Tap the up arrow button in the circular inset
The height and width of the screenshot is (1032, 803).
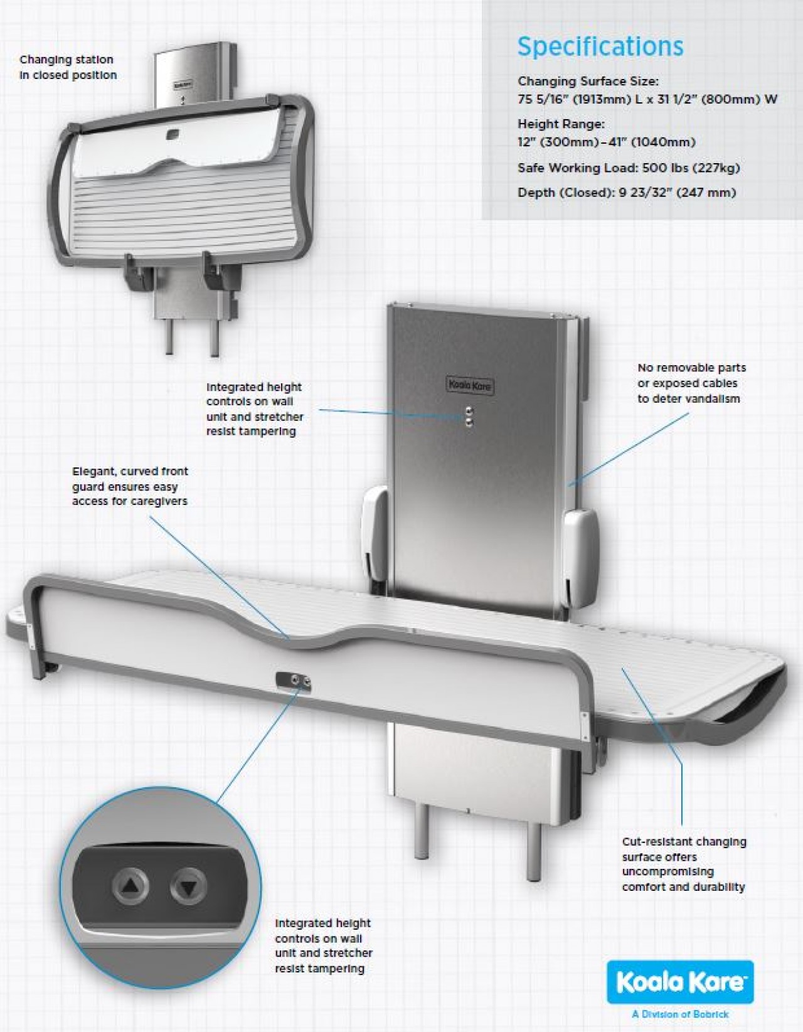(x=130, y=886)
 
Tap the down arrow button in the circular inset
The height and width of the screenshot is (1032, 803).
(x=189, y=886)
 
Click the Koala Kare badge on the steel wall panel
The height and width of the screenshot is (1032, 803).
(x=470, y=385)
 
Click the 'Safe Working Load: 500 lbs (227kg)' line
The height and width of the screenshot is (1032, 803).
(x=628, y=168)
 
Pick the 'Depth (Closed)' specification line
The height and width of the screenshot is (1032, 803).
(x=626, y=193)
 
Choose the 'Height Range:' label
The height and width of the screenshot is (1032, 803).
(x=561, y=124)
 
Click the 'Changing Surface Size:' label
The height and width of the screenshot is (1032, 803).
(x=588, y=81)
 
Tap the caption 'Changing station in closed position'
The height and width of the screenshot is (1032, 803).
(x=68, y=67)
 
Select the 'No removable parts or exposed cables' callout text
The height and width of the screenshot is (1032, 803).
(x=691, y=383)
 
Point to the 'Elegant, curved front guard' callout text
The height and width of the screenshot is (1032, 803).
(x=130, y=486)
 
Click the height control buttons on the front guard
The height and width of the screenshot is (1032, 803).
(x=294, y=682)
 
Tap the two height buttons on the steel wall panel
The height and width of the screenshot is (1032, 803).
(x=469, y=417)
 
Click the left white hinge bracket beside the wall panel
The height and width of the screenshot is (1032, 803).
(x=375, y=533)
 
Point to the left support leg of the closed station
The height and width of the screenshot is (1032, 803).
(x=169, y=336)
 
